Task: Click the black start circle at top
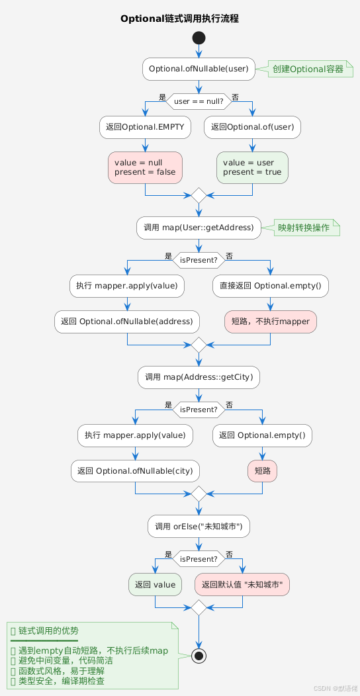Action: click(x=199, y=38)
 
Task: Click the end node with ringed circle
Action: click(x=199, y=655)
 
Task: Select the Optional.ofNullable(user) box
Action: click(x=199, y=68)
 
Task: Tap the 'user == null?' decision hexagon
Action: click(x=199, y=101)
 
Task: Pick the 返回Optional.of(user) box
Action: click(x=253, y=127)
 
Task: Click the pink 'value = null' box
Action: click(x=145, y=167)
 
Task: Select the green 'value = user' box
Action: click(x=253, y=167)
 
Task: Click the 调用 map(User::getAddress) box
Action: click(x=199, y=228)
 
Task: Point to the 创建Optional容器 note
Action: click(x=308, y=69)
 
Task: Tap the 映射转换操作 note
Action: click(x=304, y=228)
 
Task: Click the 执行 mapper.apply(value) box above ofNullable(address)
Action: click(x=127, y=286)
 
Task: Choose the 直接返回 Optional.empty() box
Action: click(x=271, y=286)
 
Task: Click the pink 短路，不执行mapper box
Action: click(x=271, y=322)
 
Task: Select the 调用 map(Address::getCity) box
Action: click(x=199, y=377)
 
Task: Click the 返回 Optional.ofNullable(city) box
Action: click(x=135, y=471)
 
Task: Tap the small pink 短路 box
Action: click(x=262, y=471)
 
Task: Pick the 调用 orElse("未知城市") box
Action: click(x=199, y=527)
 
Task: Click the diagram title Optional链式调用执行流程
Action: click(x=179, y=19)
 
